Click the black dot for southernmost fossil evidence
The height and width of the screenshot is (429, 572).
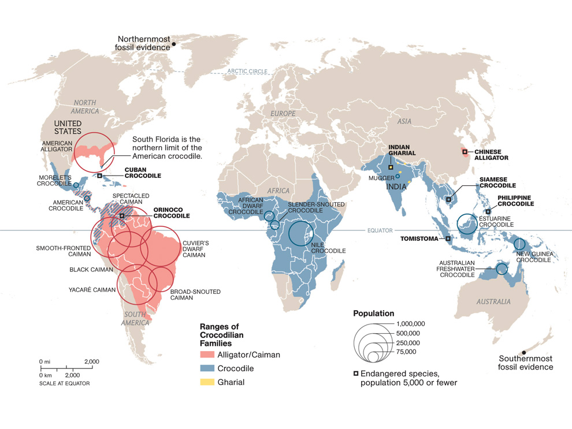tap(524, 352)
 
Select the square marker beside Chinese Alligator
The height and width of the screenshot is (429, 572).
tap(465, 152)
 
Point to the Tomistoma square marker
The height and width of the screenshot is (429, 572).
tap(448, 238)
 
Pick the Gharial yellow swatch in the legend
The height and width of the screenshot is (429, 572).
tap(206, 382)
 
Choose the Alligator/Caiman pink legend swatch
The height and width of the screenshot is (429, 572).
tap(206, 355)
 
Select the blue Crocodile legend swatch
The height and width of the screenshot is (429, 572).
tap(206, 368)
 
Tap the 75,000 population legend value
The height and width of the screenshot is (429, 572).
tap(410, 352)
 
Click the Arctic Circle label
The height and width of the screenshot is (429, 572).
tap(247, 72)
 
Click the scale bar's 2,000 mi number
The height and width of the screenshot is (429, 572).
tap(91, 362)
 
